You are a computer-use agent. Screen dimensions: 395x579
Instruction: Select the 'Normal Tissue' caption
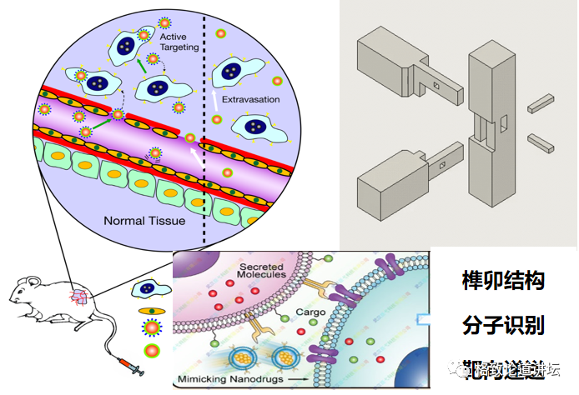click(x=143, y=221)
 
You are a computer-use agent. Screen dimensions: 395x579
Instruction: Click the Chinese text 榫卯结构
click(x=502, y=281)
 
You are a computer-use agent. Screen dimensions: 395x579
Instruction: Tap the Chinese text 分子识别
click(x=502, y=322)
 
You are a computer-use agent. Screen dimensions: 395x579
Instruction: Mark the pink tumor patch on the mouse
click(x=80, y=296)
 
